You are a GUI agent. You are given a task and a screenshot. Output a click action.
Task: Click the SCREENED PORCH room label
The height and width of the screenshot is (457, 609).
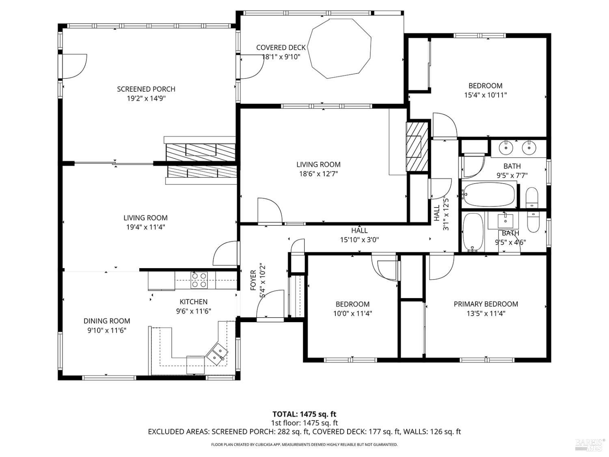tap(146, 89)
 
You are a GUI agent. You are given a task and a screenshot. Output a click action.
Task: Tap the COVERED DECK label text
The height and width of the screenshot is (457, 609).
tap(281, 48)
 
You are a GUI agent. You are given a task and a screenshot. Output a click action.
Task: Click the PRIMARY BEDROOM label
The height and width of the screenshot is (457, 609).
tap(486, 304)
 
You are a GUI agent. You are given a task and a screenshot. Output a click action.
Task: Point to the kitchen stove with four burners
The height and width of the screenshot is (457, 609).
tap(199, 280)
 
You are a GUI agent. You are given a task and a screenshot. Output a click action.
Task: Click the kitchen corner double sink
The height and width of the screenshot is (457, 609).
tap(216, 353)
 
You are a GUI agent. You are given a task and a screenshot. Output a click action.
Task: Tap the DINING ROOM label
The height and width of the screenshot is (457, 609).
tap(107, 321)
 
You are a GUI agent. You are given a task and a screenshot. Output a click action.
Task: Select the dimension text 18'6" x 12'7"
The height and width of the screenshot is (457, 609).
tap(318, 174)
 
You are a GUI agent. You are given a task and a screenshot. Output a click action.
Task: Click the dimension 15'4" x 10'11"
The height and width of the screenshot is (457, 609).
tap(486, 95)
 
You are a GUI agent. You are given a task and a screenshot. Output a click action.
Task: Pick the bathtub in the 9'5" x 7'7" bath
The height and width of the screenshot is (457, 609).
tap(489, 194)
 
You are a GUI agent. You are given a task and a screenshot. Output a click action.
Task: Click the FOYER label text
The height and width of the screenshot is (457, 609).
tap(253, 280)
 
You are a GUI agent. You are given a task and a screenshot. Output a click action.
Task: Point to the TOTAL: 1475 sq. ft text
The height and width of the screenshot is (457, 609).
tap(304, 414)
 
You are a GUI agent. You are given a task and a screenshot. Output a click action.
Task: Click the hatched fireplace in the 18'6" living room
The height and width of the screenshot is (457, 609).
tap(417, 146)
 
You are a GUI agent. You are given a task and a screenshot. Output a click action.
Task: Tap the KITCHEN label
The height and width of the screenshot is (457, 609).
tap(194, 302)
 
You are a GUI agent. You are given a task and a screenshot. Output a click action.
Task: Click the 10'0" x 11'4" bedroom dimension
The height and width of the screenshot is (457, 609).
tap(352, 313)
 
